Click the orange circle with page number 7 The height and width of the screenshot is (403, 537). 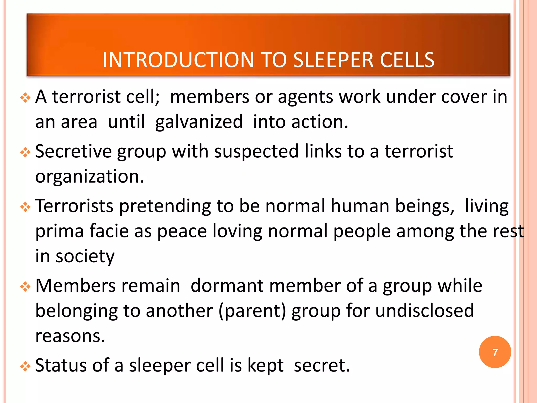[x=495, y=352]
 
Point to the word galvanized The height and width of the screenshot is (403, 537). [x=199, y=122]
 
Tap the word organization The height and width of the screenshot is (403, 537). [x=89, y=177]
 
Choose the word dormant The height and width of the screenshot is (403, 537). [x=227, y=286]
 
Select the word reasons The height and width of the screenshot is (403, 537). [x=70, y=336]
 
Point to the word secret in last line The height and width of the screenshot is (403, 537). [x=322, y=365]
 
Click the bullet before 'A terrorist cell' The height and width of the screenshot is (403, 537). [x=25, y=98]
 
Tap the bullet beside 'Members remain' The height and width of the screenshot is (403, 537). [x=25, y=287]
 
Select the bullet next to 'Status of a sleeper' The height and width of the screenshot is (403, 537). [x=25, y=366]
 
